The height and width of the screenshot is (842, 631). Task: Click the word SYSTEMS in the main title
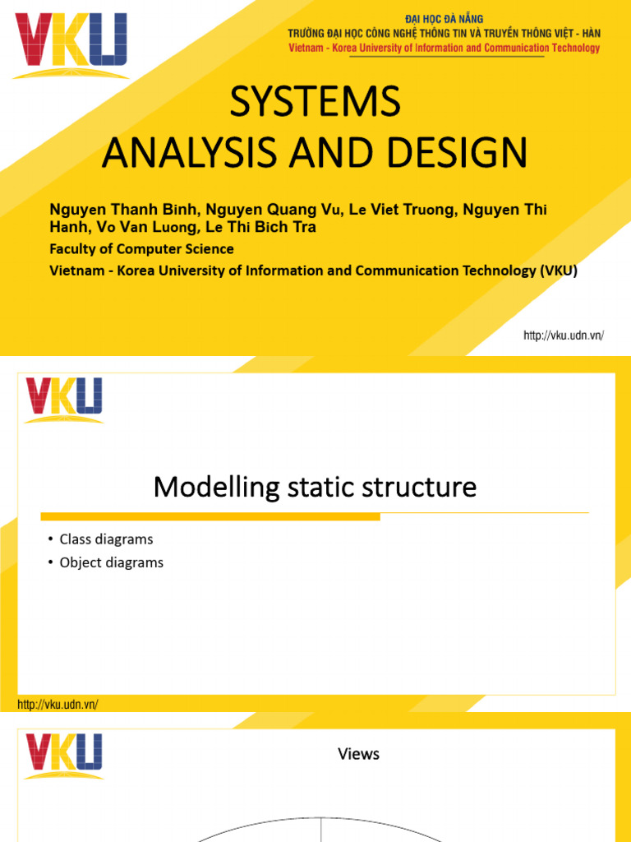click(315, 102)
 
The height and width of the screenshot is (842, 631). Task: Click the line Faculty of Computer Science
click(142, 249)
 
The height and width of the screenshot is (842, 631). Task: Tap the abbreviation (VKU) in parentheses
click(560, 271)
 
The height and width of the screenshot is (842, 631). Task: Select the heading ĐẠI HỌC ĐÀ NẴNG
click(444, 19)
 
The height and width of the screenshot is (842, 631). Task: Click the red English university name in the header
click(444, 48)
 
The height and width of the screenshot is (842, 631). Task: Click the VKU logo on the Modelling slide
click(64, 400)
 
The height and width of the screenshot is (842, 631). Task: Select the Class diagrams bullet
click(106, 539)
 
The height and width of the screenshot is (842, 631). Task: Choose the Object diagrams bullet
click(111, 562)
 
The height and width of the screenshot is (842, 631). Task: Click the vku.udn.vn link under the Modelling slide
click(58, 705)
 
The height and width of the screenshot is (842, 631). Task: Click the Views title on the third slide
click(359, 753)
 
